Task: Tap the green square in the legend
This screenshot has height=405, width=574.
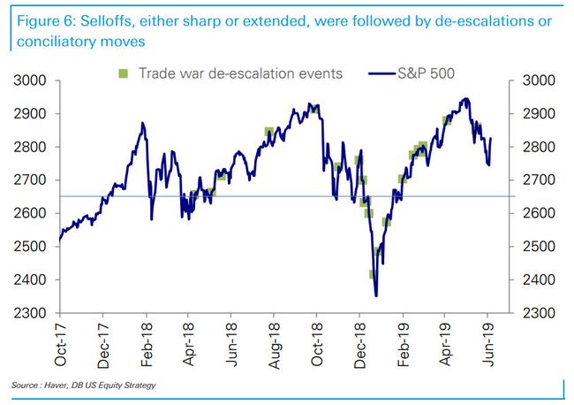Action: (125, 72)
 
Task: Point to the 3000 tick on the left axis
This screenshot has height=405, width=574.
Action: (32, 80)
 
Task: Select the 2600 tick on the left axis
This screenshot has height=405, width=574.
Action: (32, 213)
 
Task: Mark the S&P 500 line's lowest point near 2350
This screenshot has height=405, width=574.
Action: (376, 296)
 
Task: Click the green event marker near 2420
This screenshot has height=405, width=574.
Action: (374, 274)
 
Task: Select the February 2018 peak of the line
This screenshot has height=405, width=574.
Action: (142, 123)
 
